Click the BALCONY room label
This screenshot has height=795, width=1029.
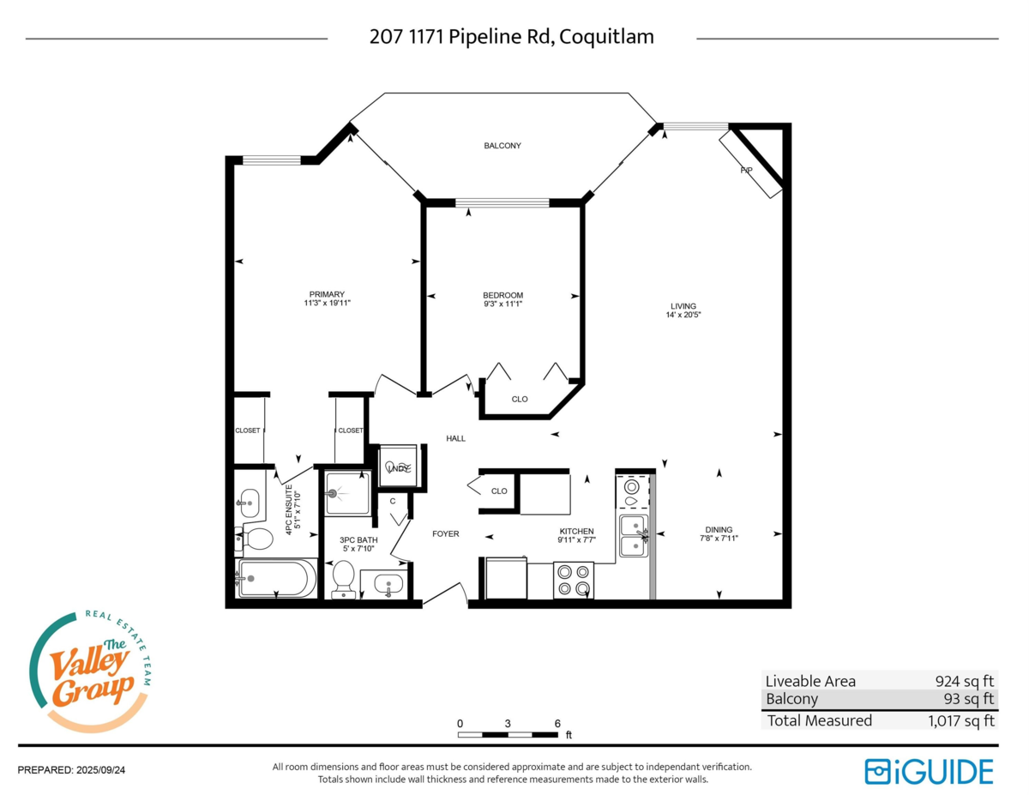(x=502, y=146)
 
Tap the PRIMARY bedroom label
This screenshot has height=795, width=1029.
(x=328, y=294)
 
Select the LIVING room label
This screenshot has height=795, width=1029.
(x=683, y=306)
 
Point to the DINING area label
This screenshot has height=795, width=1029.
(x=719, y=529)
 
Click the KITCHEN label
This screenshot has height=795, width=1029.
(x=575, y=532)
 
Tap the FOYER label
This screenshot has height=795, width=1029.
(x=445, y=533)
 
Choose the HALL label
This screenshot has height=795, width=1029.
(x=455, y=438)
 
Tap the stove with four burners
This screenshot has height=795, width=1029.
(x=574, y=580)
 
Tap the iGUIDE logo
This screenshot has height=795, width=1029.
(x=929, y=771)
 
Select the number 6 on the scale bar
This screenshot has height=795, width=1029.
(x=557, y=723)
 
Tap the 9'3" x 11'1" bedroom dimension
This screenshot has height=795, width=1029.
(x=502, y=304)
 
